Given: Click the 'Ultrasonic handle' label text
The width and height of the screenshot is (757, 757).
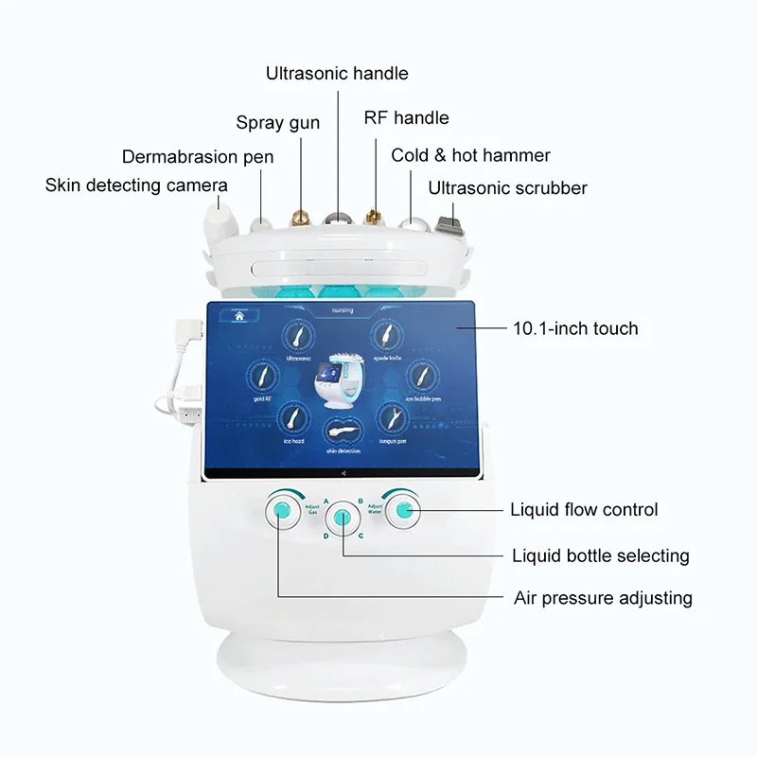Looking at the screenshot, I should point(337,73).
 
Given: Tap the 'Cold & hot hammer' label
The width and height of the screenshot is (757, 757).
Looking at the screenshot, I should point(471,154).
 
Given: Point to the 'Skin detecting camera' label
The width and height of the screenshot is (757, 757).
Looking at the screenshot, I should point(136,185).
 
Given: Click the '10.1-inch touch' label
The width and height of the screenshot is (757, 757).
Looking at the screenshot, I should point(574,328).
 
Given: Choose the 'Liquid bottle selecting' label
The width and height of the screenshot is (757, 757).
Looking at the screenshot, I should point(600,555).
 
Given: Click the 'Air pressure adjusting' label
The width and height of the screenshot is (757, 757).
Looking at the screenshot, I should point(603,598).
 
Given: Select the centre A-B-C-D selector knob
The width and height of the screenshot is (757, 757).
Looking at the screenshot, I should point(342,519).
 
